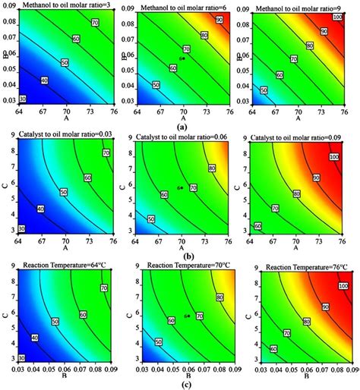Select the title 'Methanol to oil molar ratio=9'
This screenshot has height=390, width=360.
(303, 5)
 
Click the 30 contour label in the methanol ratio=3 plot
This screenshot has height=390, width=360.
(23, 99)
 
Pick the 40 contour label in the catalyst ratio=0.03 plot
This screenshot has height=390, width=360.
(39, 208)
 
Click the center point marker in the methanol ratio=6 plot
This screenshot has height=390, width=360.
(181, 58)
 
